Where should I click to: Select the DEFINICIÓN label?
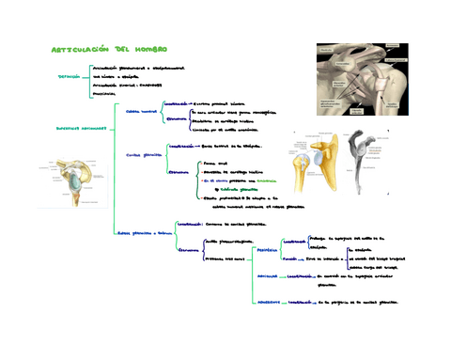[69, 76]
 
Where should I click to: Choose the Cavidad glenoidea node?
[144, 155]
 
